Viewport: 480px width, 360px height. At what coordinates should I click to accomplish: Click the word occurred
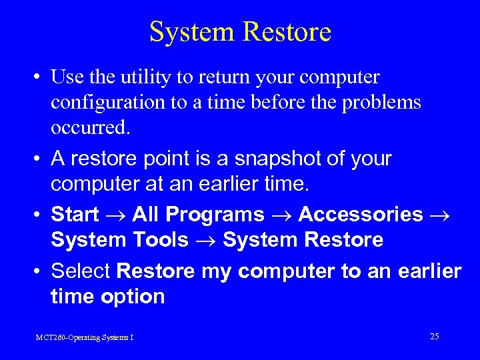89,127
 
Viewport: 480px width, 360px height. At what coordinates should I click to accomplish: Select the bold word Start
75,214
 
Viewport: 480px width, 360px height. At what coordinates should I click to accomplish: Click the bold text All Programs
198,214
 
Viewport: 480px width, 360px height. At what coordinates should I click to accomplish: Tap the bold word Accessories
360,214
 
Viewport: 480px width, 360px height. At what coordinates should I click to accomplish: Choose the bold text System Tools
119,239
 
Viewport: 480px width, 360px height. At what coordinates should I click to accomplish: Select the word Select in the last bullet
81,271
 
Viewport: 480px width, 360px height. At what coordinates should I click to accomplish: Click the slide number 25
434,337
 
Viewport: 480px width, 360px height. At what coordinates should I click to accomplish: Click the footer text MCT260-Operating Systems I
85,338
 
